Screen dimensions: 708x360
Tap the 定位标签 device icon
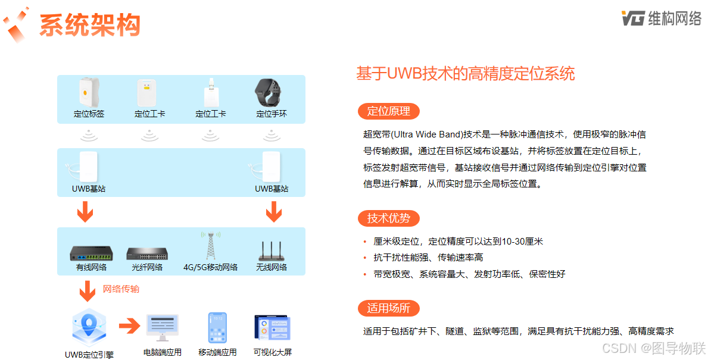click(89, 92)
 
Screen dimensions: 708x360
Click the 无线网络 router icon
click(272, 250)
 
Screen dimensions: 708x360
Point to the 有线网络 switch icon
click(89, 253)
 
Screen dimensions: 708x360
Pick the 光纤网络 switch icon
click(147, 253)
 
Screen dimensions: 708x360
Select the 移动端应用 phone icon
click(217, 327)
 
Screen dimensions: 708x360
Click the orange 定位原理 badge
click(388, 111)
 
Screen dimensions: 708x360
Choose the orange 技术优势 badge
click(388, 218)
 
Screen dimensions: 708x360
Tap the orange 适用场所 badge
click(388, 308)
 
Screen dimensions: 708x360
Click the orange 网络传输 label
click(121, 289)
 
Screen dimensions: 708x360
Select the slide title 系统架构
click(90, 25)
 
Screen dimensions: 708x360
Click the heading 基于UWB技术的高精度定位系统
click(465, 74)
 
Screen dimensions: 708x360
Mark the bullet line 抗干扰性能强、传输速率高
click(428, 258)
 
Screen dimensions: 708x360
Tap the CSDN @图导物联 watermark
click(653, 347)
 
